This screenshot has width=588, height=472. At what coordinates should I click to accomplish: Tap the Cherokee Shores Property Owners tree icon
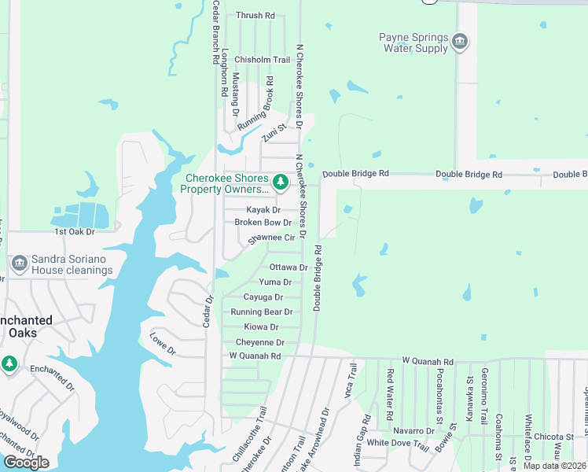tap(281, 183)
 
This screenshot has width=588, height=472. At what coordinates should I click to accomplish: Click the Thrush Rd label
tap(255, 16)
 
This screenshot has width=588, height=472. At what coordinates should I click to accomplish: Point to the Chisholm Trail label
tap(263, 60)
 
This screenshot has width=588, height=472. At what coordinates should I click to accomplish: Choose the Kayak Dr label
tap(263, 210)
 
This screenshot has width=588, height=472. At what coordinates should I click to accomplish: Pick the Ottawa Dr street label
tap(288, 267)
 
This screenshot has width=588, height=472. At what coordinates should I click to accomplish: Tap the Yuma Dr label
tap(275, 282)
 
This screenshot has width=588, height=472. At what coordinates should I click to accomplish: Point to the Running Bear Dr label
tap(262, 312)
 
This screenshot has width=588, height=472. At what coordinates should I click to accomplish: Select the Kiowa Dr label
tap(261, 326)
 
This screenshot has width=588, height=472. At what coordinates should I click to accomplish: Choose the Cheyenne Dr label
tap(260, 342)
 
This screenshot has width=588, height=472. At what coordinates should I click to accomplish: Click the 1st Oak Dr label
tap(74, 232)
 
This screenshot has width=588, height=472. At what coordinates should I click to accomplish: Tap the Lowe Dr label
tap(163, 342)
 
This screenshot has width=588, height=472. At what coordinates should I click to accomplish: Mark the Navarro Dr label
tap(413, 431)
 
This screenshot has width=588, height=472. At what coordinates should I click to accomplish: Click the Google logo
tap(26, 463)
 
